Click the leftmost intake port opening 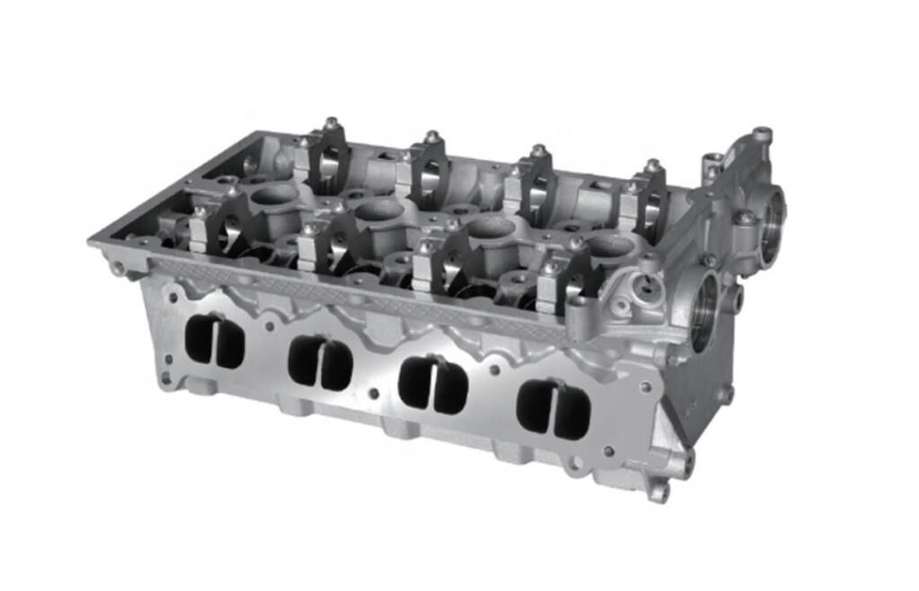214,342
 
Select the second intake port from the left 320,362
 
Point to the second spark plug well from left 379,210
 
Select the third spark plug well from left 491,227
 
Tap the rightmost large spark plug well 610,245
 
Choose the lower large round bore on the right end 705,310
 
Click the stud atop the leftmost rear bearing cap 331,123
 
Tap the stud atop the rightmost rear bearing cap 652,166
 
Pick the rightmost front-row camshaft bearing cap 559,287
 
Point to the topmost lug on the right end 762,135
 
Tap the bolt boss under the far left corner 117,267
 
